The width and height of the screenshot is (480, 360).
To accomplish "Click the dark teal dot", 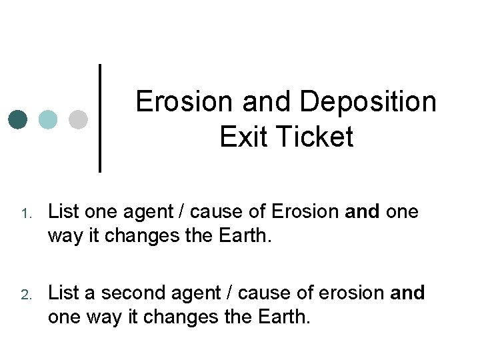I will [x=18, y=119].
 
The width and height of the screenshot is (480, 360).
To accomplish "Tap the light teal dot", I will [x=48, y=119].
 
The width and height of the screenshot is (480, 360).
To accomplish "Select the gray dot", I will [x=78, y=119].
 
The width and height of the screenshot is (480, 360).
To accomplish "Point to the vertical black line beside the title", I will [x=100, y=117].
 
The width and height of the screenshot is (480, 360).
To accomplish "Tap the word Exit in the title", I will [x=239, y=137].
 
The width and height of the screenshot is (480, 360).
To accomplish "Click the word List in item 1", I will [x=63, y=212].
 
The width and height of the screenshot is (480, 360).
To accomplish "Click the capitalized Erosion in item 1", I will [x=305, y=212].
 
